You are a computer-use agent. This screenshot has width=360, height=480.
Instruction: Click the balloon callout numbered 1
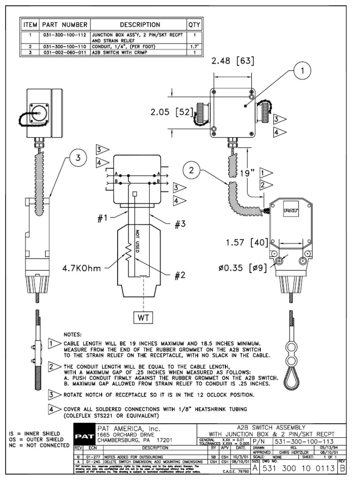[302, 72]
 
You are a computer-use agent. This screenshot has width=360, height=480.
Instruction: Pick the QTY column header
[194, 24]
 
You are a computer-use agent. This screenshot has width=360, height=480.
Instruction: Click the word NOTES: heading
[73, 335]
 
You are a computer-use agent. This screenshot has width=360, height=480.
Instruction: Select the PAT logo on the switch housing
[288, 211]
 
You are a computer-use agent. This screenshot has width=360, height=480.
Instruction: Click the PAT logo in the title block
[84, 437]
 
